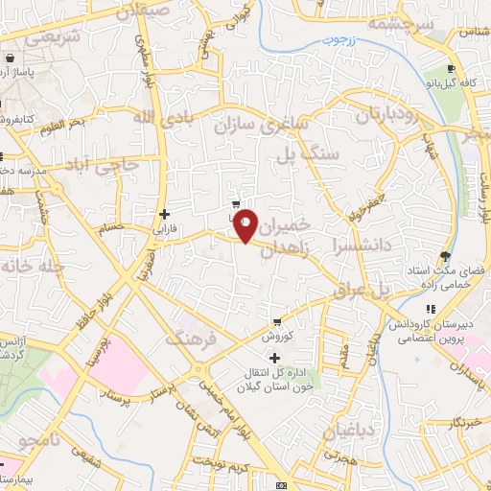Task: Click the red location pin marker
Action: (245, 225)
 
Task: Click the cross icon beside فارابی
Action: (165, 214)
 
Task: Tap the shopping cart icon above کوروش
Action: (277, 322)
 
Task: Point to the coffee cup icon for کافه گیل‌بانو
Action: (451, 69)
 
